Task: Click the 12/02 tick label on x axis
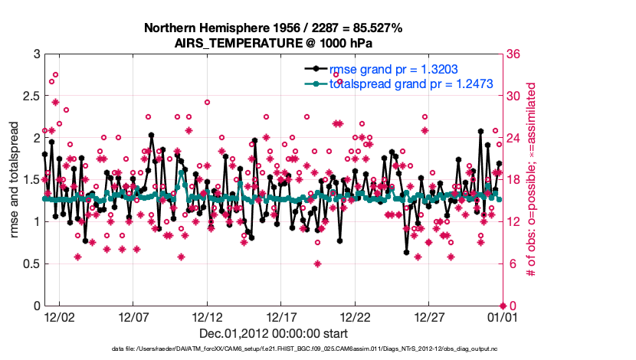click(x=59, y=316)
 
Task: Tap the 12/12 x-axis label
click(x=208, y=316)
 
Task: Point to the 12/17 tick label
click(x=281, y=316)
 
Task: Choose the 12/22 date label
click(x=356, y=316)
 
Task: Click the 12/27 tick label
click(x=430, y=316)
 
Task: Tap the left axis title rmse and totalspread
click(x=15, y=180)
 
